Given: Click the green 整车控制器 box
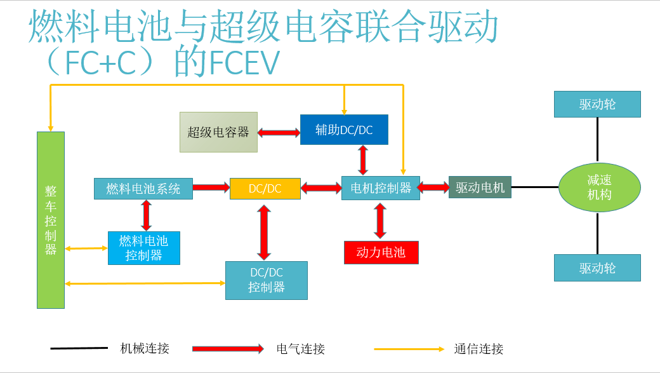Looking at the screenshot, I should click(x=51, y=220).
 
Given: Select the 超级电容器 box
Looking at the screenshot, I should click(x=218, y=132).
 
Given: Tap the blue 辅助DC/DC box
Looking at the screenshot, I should click(x=344, y=130).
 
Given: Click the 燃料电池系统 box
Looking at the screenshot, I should click(x=143, y=188).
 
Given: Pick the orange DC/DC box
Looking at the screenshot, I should click(x=265, y=188).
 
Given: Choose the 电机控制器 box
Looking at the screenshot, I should click(x=381, y=187).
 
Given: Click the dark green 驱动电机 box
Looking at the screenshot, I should click(x=480, y=187).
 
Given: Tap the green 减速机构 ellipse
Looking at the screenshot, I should click(x=599, y=187).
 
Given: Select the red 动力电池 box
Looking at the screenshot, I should click(x=381, y=252).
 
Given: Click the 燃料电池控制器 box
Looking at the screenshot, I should click(x=144, y=248).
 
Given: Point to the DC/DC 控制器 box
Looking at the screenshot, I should click(x=267, y=280).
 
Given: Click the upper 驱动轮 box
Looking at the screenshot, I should click(x=597, y=104).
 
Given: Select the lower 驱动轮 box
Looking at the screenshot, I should click(x=597, y=268).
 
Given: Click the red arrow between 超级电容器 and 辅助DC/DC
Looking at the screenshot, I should click(x=279, y=132).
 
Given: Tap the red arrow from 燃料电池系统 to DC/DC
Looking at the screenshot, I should click(x=211, y=187).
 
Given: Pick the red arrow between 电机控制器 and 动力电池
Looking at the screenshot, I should click(x=380, y=220).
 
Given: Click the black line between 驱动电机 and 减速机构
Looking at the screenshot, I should click(x=534, y=187).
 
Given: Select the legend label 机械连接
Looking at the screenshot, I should click(x=145, y=348).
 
